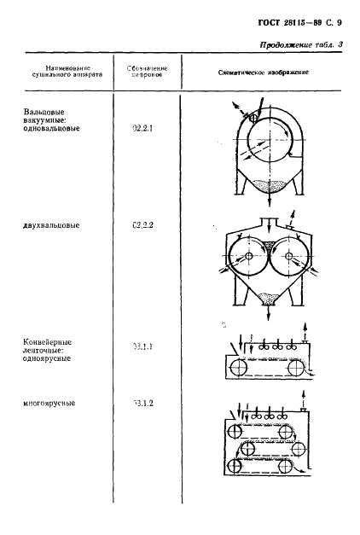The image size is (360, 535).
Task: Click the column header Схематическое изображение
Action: click(x=264, y=72)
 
